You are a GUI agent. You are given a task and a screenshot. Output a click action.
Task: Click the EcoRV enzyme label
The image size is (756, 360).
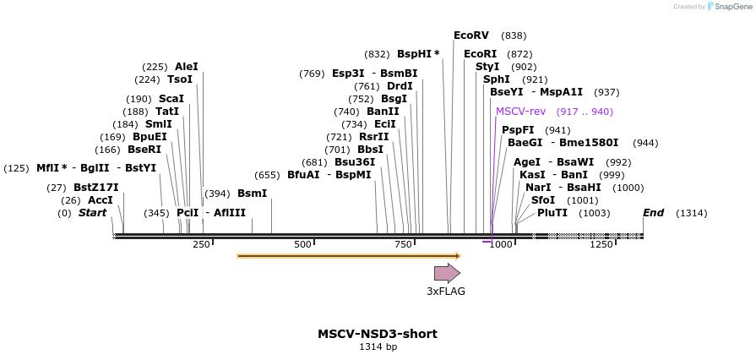(471, 35)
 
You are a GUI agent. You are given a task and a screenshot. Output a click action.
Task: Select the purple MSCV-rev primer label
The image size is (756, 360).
(520, 112)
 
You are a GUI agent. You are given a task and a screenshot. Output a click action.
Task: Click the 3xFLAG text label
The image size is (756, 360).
(446, 292)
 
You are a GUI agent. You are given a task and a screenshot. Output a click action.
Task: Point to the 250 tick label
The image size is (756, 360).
(201, 245)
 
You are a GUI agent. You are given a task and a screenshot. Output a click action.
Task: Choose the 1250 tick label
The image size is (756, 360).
(601, 245)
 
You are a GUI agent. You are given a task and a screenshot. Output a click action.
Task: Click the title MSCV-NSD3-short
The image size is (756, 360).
(378, 334)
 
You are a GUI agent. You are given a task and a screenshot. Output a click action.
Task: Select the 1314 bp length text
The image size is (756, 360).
(378, 346)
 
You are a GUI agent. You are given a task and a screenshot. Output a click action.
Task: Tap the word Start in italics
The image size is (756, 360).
(93, 213)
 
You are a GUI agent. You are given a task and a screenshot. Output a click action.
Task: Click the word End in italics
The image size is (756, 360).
(653, 213)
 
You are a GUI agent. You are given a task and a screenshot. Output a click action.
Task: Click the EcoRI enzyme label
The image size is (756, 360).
(481, 54)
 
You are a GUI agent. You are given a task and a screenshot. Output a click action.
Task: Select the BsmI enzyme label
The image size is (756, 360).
(252, 194)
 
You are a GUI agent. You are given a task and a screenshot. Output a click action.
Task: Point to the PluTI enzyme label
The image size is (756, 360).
(552, 213)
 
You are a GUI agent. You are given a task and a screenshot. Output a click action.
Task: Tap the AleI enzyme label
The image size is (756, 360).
(187, 67)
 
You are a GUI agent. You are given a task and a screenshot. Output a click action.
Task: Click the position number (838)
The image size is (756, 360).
(514, 35)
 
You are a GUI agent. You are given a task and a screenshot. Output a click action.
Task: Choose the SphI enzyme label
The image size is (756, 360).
(497, 79)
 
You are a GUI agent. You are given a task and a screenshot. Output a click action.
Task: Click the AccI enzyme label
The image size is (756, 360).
(101, 200)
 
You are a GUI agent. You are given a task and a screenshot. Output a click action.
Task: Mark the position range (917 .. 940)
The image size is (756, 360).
(585, 112)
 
